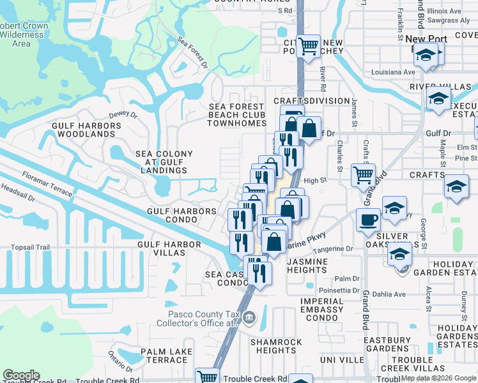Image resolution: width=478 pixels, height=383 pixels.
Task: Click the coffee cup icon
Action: pos(368,220)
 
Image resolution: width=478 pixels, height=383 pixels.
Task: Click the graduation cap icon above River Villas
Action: pos(426,56)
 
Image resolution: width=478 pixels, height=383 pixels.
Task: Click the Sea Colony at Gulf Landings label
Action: pos(164,162)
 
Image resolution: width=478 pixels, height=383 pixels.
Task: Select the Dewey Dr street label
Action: pos(123,116)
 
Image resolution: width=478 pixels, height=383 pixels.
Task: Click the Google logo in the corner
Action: pos(21,375)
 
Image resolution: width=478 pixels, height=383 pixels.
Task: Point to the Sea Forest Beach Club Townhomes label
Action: pos(236,115)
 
